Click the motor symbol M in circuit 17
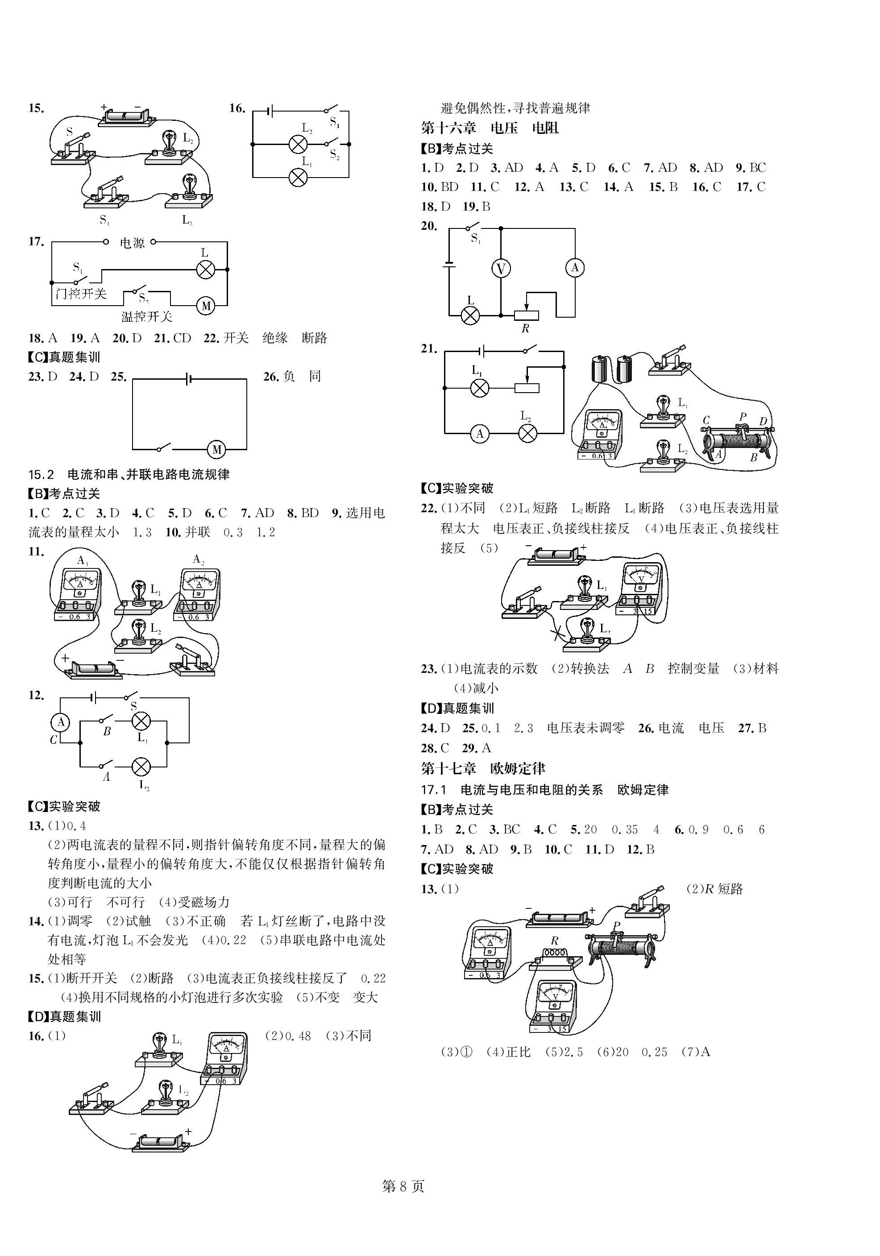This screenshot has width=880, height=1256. click(x=206, y=306)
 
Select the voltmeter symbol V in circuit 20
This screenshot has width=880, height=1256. click(x=501, y=269)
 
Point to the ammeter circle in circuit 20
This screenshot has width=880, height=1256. click(x=575, y=268)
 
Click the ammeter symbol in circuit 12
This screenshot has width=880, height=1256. click(x=61, y=722)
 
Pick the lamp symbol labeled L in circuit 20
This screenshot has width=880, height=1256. click(x=470, y=315)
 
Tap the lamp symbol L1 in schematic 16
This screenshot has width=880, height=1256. click(x=298, y=177)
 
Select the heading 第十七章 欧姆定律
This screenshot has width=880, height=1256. click(x=483, y=768)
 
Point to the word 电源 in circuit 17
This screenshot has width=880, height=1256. click(x=132, y=242)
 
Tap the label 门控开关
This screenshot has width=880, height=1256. click(x=81, y=294)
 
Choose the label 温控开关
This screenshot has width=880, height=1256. click(x=147, y=316)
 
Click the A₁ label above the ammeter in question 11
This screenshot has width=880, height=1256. click(x=83, y=560)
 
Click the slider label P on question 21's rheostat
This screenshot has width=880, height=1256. click(x=743, y=416)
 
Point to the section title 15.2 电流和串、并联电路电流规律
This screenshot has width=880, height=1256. click(x=129, y=474)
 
